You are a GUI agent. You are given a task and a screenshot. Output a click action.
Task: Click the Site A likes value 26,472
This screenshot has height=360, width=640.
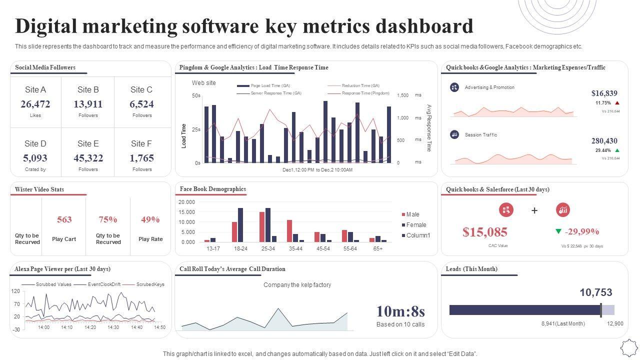point(35,104)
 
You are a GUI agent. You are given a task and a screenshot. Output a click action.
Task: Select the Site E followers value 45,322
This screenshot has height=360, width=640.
point(88,158)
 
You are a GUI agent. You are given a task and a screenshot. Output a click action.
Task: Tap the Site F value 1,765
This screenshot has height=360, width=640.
point(141,158)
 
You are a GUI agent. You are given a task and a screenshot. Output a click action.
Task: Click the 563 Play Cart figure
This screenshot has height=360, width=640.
point(64,219)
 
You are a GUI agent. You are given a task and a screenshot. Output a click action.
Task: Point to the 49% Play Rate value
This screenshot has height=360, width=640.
point(150,219)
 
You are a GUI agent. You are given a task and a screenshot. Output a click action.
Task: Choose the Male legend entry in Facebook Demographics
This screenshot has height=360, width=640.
point(412,214)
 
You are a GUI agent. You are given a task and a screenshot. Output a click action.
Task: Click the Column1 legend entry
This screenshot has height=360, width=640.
point(418,235)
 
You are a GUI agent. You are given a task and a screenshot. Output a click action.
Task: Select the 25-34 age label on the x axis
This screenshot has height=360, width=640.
point(268,248)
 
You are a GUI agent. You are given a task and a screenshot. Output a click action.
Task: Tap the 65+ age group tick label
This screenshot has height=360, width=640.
point(378,248)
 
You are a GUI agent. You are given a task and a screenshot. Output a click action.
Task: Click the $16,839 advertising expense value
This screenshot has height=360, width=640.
point(604,93)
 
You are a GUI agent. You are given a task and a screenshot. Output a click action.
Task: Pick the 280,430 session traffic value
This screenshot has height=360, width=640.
point(604,141)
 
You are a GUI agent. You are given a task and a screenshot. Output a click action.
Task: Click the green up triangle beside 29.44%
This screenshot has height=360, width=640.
point(617,150)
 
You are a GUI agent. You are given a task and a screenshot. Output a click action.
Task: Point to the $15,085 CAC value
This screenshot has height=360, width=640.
point(485,232)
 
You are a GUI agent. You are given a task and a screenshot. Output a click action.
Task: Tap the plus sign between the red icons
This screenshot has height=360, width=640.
point(534,210)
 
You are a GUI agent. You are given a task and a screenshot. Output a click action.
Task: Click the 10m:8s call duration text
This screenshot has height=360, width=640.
point(400,311)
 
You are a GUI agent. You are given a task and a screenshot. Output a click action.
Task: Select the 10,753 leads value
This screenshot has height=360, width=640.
point(596,292)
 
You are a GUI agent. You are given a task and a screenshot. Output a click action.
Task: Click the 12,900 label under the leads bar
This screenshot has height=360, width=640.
point(615,323)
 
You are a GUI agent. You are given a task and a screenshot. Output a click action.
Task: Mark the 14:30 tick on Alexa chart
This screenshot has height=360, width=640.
point(113,327)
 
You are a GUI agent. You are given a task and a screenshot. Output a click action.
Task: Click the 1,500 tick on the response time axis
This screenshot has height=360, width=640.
point(402,95)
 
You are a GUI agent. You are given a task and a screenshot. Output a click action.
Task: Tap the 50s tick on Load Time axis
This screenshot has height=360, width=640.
point(196,95)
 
